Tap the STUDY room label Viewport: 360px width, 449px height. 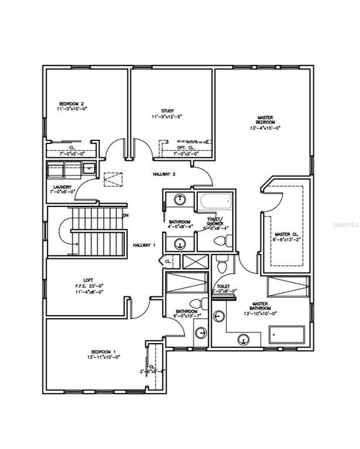tap(167, 110)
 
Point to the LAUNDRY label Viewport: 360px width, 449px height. tap(62, 186)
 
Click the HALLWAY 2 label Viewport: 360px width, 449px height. tap(165, 175)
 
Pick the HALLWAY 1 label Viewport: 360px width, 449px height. tap(144, 245)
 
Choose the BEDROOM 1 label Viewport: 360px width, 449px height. tap(95, 350)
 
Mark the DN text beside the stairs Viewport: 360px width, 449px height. tap(125, 215)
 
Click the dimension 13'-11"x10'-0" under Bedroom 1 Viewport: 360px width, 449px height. tap(95, 357)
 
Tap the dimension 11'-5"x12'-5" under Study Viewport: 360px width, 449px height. tap(167, 117)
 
